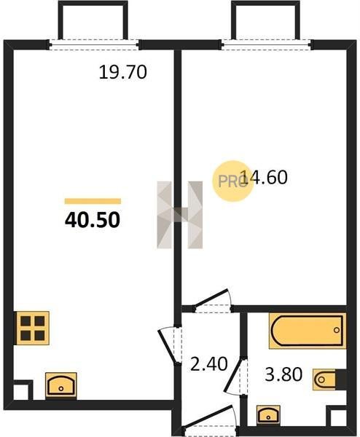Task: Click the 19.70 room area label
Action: coord(122,72)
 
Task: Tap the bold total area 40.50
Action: coord(93,220)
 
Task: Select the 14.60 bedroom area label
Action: coord(264,177)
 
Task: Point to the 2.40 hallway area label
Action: coord(209,364)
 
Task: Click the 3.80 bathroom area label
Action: coord(283,374)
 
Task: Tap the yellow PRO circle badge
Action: coord(232,181)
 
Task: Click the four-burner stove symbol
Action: coord(32,328)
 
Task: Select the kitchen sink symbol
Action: coord(61,385)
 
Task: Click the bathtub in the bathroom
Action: coord(308,331)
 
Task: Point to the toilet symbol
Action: coord(329,379)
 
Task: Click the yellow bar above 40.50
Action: coord(93,201)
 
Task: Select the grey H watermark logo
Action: coord(180,215)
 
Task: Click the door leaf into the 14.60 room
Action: coord(211,298)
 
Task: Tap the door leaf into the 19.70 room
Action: coord(168,347)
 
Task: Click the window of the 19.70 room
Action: coord(94,44)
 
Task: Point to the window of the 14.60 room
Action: coord(266,44)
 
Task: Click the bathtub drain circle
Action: coord(337,330)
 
